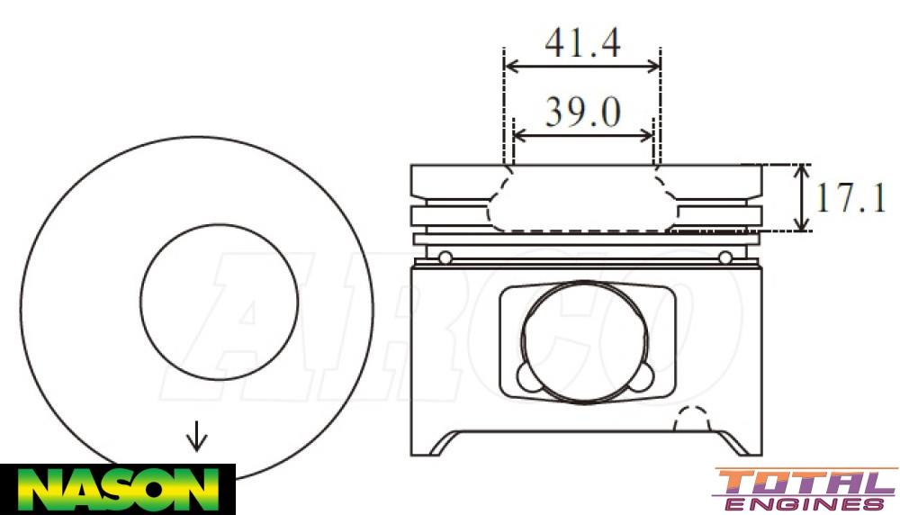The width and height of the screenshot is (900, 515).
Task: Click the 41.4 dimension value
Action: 582,42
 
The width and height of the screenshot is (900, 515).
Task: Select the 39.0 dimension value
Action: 582,113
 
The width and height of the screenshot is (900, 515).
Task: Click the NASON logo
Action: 117,489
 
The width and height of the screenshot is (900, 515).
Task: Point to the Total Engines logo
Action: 804,490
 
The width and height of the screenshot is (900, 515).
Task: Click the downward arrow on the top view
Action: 196,438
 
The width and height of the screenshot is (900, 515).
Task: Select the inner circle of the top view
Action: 220,301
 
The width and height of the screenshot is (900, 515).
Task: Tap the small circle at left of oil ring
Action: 445,258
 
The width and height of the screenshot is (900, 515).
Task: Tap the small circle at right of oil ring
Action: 725,258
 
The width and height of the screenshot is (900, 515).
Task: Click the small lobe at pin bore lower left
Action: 527,376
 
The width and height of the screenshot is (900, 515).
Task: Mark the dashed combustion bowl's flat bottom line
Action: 585,231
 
